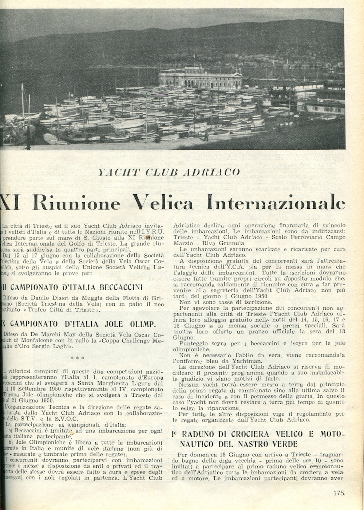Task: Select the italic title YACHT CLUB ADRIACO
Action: tap(169, 172)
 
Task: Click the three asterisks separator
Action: tap(78, 358)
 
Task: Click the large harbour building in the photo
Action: tap(200, 78)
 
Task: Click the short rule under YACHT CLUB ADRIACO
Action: tap(170, 181)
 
